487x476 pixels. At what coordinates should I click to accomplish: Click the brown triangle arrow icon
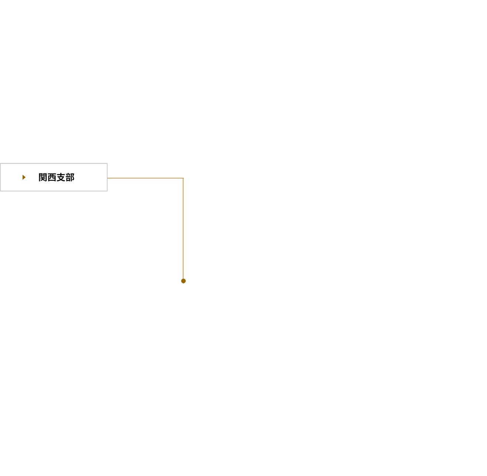click(24, 177)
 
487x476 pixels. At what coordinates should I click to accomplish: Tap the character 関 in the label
click(43, 177)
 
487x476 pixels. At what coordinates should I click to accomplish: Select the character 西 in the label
click(52, 177)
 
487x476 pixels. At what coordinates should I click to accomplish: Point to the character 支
click(61, 177)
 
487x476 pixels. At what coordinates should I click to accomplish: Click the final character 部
click(70, 177)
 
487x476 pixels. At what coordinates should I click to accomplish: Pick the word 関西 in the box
click(47, 177)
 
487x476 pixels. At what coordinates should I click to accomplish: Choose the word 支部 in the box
click(66, 177)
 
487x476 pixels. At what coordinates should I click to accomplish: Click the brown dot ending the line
click(184, 281)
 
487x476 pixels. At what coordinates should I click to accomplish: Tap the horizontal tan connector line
click(145, 178)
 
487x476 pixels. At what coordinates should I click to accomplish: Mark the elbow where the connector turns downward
click(183, 178)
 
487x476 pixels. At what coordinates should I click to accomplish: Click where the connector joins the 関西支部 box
click(107, 178)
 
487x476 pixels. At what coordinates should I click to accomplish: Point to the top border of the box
click(54, 164)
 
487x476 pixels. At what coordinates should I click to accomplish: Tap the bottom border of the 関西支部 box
click(54, 191)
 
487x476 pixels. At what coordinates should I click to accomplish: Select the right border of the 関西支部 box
click(107, 177)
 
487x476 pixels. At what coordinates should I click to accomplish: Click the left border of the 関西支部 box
click(0, 177)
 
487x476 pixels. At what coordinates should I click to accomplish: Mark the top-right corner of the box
click(107, 164)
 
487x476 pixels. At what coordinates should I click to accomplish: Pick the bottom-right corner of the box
click(107, 191)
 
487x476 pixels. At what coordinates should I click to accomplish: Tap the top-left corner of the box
click(0, 164)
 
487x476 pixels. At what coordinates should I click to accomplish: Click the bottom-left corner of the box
click(0, 191)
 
